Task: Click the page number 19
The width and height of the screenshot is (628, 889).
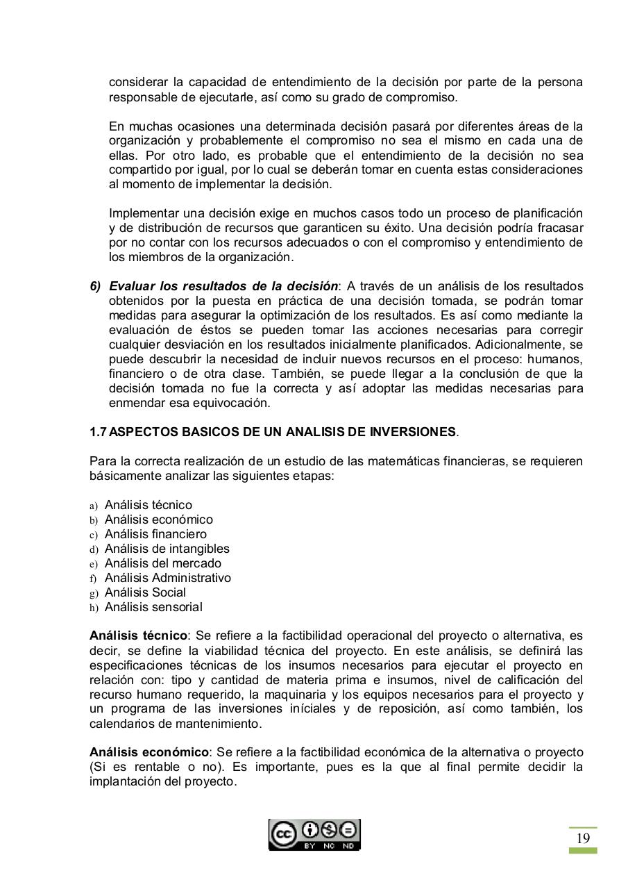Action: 583,838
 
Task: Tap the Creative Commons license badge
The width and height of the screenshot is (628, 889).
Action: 314,835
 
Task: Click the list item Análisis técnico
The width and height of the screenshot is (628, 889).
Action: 148,505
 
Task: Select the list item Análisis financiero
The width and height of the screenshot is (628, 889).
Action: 155,534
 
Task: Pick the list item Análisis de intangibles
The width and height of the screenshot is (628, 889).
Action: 167,549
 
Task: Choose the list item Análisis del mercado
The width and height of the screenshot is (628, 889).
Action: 162,563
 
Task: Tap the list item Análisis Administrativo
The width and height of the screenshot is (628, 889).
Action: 167,578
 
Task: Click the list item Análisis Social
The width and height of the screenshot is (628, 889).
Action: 145,592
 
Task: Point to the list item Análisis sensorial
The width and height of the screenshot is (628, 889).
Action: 153,607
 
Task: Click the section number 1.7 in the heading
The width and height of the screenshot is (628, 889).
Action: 98,432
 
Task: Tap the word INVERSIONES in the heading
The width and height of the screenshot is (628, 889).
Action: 413,432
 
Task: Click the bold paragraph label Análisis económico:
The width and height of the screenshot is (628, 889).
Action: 150,752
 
